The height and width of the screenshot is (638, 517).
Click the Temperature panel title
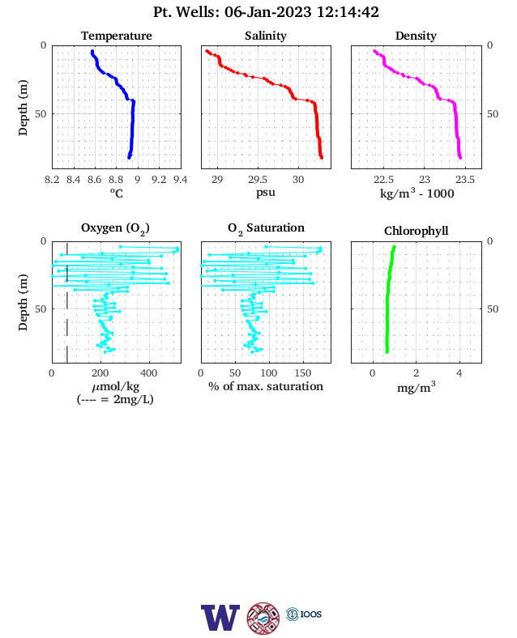tap(117, 36)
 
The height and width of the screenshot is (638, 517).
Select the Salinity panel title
tap(266, 36)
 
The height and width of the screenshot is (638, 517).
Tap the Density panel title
tap(416, 36)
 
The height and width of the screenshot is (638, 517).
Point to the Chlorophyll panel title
tap(416, 231)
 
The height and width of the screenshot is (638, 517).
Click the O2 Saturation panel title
tap(266, 228)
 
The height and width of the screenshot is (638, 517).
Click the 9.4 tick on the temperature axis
tap(181, 180)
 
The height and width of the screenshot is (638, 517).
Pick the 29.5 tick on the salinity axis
tap(258, 180)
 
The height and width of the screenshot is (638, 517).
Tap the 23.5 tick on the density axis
tap(465, 180)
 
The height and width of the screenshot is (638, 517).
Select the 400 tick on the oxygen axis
tap(148, 373)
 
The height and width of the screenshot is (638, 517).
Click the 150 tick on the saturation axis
tap(303, 373)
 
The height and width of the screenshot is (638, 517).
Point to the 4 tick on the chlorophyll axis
tap(459, 373)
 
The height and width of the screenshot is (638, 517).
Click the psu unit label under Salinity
tap(266, 193)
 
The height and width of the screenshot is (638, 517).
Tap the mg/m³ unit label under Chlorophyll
tap(416, 387)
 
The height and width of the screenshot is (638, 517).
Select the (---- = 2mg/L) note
tap(115, 400)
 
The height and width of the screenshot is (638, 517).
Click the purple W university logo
tap(220, 618)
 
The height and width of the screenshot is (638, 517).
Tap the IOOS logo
tap(304, 614)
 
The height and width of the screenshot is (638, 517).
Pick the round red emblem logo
tap(263, 619)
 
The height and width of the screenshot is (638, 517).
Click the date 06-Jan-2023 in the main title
tap(268, 12)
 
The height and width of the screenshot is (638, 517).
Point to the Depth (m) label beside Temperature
tap(23, 108)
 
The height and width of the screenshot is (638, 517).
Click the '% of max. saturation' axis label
tap(266, 386)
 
